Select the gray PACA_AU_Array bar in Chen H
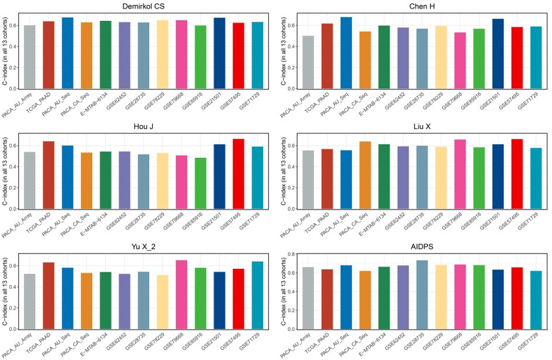pyautogui.click(x=308, y=63)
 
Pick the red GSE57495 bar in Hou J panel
pyautogui.click(x=238, y=174)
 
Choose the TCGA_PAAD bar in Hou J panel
pyautogui.click(x=49, y=175)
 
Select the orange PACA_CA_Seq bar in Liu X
pyautogui.click(x=365, y=175)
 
